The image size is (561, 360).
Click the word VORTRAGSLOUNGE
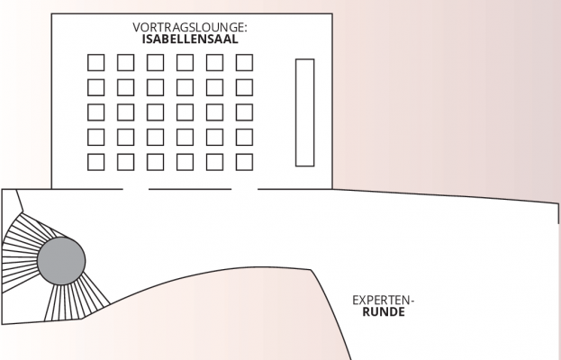(x=189, y=28)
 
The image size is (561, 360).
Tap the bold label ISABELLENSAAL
(x=189, y=40)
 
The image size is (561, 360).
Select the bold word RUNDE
(x=383, y=314)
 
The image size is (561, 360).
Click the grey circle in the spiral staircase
(x=61, y=261)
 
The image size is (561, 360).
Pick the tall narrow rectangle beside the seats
(x=304, y=112)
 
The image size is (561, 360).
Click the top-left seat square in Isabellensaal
(x=95, y=63)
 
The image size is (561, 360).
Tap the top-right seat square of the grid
(x=244, y=63)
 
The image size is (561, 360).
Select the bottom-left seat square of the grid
(x=95, y=162)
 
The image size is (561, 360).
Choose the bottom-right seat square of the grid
(x=244, y=162)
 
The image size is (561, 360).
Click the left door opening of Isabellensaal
(x=136, y=189)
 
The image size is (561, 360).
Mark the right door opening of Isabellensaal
(x=244, y=189)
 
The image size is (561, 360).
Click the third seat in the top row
(x=155, y=63)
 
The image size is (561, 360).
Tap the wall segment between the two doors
(x=190, y=189)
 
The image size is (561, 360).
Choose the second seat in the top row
(x=125, y=63)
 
